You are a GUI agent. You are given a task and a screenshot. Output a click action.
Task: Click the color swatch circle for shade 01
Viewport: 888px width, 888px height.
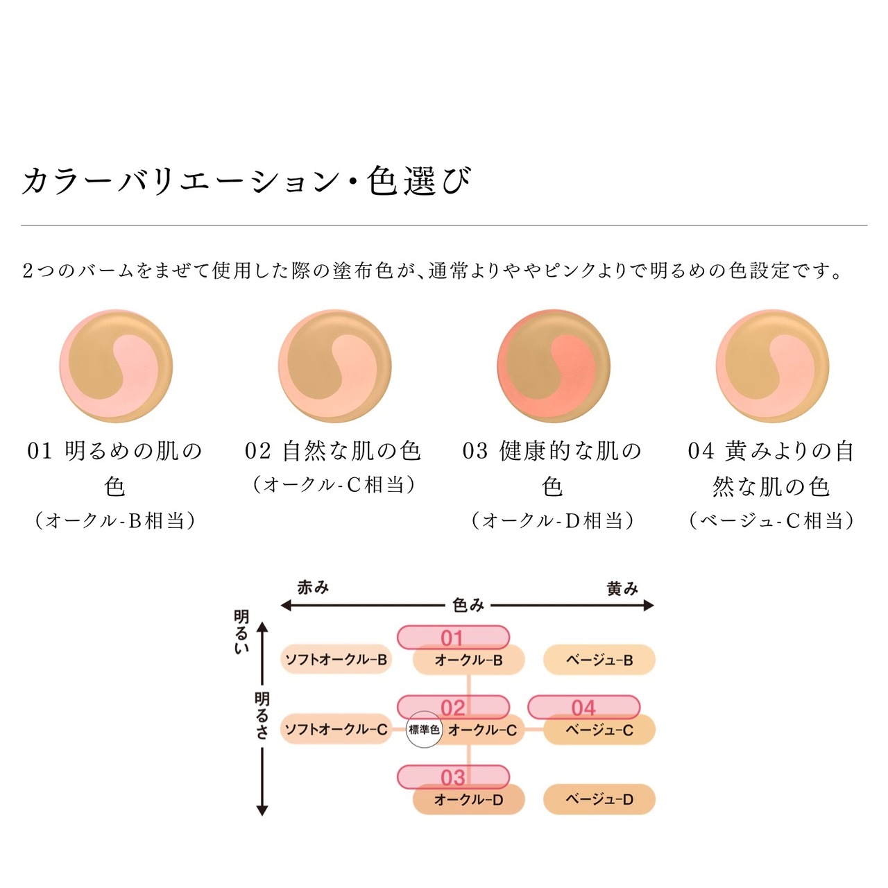(x=116, y=366)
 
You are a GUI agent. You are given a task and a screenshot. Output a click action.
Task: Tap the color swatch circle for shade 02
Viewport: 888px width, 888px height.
(x=335, y=366)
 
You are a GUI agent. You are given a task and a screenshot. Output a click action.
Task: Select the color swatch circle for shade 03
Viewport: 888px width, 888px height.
(x=554, y=366)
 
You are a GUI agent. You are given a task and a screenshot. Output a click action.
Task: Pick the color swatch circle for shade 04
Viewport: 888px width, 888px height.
(x=772, y=366)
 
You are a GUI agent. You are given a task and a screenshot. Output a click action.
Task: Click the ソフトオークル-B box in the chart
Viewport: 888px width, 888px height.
(x=336, y=659)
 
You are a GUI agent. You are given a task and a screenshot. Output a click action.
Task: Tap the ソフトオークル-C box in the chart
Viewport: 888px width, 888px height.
(x=336, y=729)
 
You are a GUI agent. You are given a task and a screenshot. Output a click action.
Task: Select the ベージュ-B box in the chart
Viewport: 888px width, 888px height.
(x=599, y=660)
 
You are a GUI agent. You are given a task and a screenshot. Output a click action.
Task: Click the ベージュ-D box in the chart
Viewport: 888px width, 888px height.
(x=599, y=799)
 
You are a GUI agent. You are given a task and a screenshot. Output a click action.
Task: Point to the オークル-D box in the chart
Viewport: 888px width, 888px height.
(x=468, y=800)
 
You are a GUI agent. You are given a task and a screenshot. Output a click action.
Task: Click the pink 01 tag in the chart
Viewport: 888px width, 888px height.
(x=453, y=637)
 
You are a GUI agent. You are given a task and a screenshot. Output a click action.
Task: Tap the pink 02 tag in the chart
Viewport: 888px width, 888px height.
(x=453, y=707)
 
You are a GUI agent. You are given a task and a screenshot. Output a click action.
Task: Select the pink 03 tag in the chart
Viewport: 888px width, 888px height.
(x=453, y=777)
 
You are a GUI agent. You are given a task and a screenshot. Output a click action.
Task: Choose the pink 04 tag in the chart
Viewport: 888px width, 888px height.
(x=583, y=707)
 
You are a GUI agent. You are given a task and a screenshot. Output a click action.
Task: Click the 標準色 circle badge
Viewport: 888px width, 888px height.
(x=424, y=730)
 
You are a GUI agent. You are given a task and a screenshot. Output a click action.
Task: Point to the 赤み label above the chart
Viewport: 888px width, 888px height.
(x=313, y=588)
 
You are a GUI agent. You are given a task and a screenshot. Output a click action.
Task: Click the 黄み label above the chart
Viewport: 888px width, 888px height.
(x=622, y=589)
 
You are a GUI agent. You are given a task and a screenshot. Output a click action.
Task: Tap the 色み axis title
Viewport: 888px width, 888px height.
(x=468, y=606)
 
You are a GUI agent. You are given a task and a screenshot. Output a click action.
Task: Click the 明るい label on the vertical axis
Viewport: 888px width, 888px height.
(x=241, y=632)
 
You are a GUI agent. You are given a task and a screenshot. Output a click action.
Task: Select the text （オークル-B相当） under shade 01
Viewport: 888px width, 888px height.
(x=115, y=520)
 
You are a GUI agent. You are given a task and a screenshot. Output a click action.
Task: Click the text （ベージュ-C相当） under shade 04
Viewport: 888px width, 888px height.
(x=771, y=520)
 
